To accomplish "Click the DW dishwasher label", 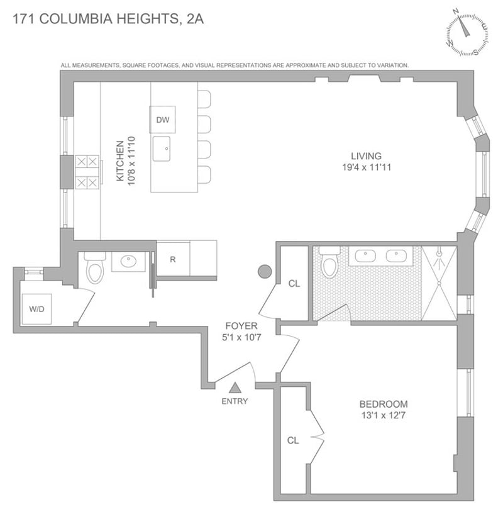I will point(162,120).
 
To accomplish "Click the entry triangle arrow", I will point(235,388).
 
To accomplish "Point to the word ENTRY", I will point(235,401).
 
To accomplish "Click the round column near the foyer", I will point(265,272).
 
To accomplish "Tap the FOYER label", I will point(240,326).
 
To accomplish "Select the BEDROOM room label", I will point(384,404).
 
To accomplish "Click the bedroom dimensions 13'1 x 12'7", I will point(384,415).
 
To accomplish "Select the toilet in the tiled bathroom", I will point(329,264).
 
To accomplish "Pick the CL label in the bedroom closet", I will point(293,440).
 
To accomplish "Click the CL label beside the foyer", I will point(294,284).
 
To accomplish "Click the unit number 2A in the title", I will point(195,19).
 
